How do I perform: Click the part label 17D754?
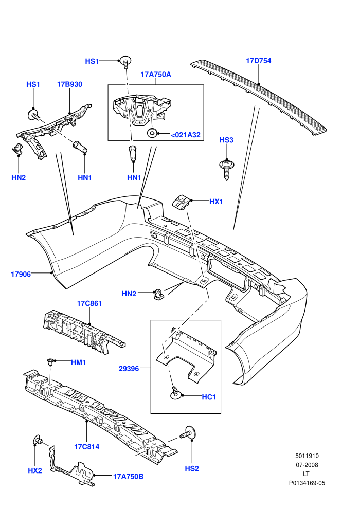[x=258, y=61]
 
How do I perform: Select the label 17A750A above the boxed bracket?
[x=156, y=75]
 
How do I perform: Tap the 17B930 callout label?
[x=70, y=84]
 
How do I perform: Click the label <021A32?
[x=186, y=135]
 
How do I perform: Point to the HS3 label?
[x=226, y=140]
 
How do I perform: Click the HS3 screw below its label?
[x=227, y=170]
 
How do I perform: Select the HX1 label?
[x=216, y=202]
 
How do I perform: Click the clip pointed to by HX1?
[x=181, y=203]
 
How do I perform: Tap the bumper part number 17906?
[x=21, y=275]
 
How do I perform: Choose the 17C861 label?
[x=89, y=303]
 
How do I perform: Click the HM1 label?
[x=78, y=362]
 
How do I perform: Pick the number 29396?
[x=129, y=369]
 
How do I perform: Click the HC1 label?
[x=209, y=397]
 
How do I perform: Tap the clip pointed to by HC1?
[x=175, y=393]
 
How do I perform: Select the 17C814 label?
[x=87, y=447]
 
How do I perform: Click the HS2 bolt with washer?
[x=188, y=432]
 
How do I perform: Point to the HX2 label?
[x=35, y=470]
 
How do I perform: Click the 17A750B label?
[x=128, y=477]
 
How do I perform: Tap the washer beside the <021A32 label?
[x=152, y=133]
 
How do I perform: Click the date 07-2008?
[x=307, y=465]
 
